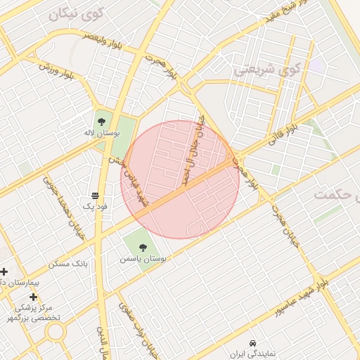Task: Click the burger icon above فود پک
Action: pyautogui.click(x=95, y=195)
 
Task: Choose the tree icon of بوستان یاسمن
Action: pyautogui.click(x=143, y=247)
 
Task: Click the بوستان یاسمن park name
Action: pyautogui.click(x=143, y=259)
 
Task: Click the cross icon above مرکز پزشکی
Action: pyautogui.click(x=33, y=297)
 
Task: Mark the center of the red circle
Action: pyautogui.click(x=180, y=179)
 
